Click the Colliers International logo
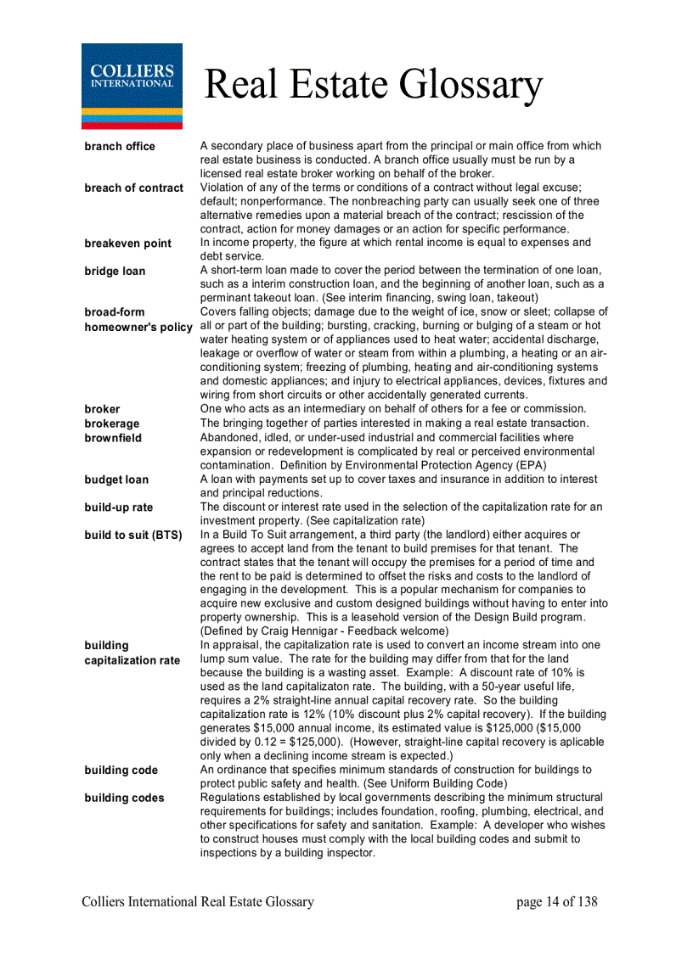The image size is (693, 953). tap(132, 85)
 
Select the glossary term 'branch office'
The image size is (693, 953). tap(120, 146)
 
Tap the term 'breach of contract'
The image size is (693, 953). tap(133, 188)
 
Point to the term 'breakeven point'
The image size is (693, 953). tap(127, 244)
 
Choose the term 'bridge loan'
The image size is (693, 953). tap(115, 272)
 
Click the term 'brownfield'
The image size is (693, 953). tap(113, 438)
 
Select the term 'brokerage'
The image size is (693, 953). tap(111, 423)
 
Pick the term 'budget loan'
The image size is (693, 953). tap(116, 479)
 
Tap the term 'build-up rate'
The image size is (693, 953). tap(119, 507)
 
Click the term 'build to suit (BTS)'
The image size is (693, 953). tap(133, 535)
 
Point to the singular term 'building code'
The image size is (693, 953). tap(121, 771)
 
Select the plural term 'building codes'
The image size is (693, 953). tap(124, 798)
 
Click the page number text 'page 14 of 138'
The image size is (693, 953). tap(556, 902)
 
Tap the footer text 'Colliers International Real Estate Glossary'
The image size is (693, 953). tap(198, 902)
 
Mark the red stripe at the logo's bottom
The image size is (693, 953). tap(132, 125)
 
